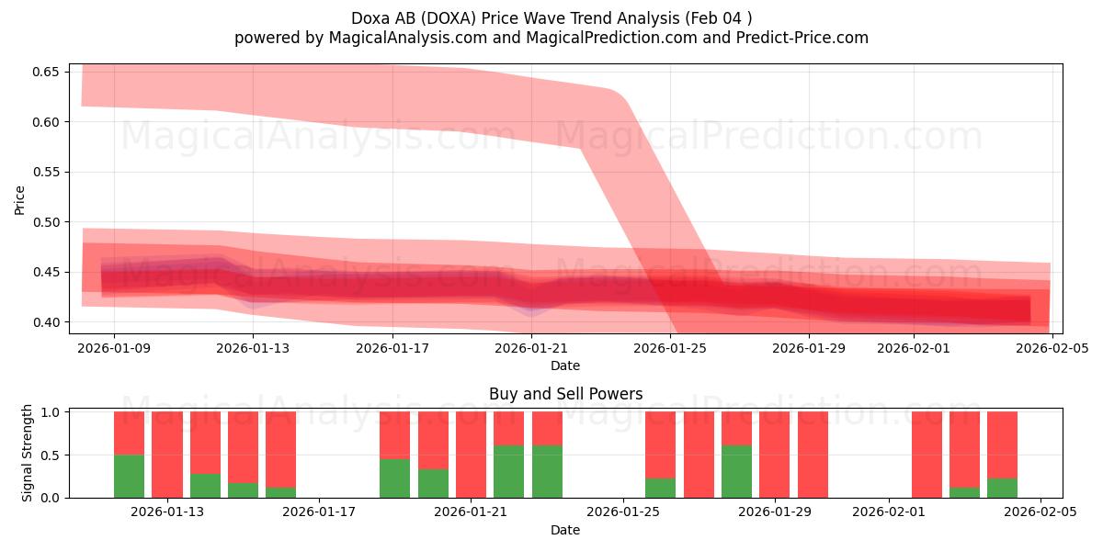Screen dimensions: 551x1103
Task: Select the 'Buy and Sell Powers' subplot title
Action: tap(565, 394)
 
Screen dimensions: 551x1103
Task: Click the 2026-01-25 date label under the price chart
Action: tap(671, 348)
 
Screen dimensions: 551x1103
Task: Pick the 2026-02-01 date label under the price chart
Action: tap(914, 348)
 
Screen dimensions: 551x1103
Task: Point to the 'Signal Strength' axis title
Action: tap(28, 453)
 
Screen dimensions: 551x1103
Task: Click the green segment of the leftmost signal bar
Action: tap(129, 476)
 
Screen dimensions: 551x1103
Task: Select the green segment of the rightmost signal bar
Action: tap(1002, 488)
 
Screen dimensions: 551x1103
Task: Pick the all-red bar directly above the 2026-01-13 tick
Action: tap(167, 455)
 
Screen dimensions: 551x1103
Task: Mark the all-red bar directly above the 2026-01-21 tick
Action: tap(471, 455)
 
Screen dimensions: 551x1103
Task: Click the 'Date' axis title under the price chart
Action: tap(565, 365)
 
